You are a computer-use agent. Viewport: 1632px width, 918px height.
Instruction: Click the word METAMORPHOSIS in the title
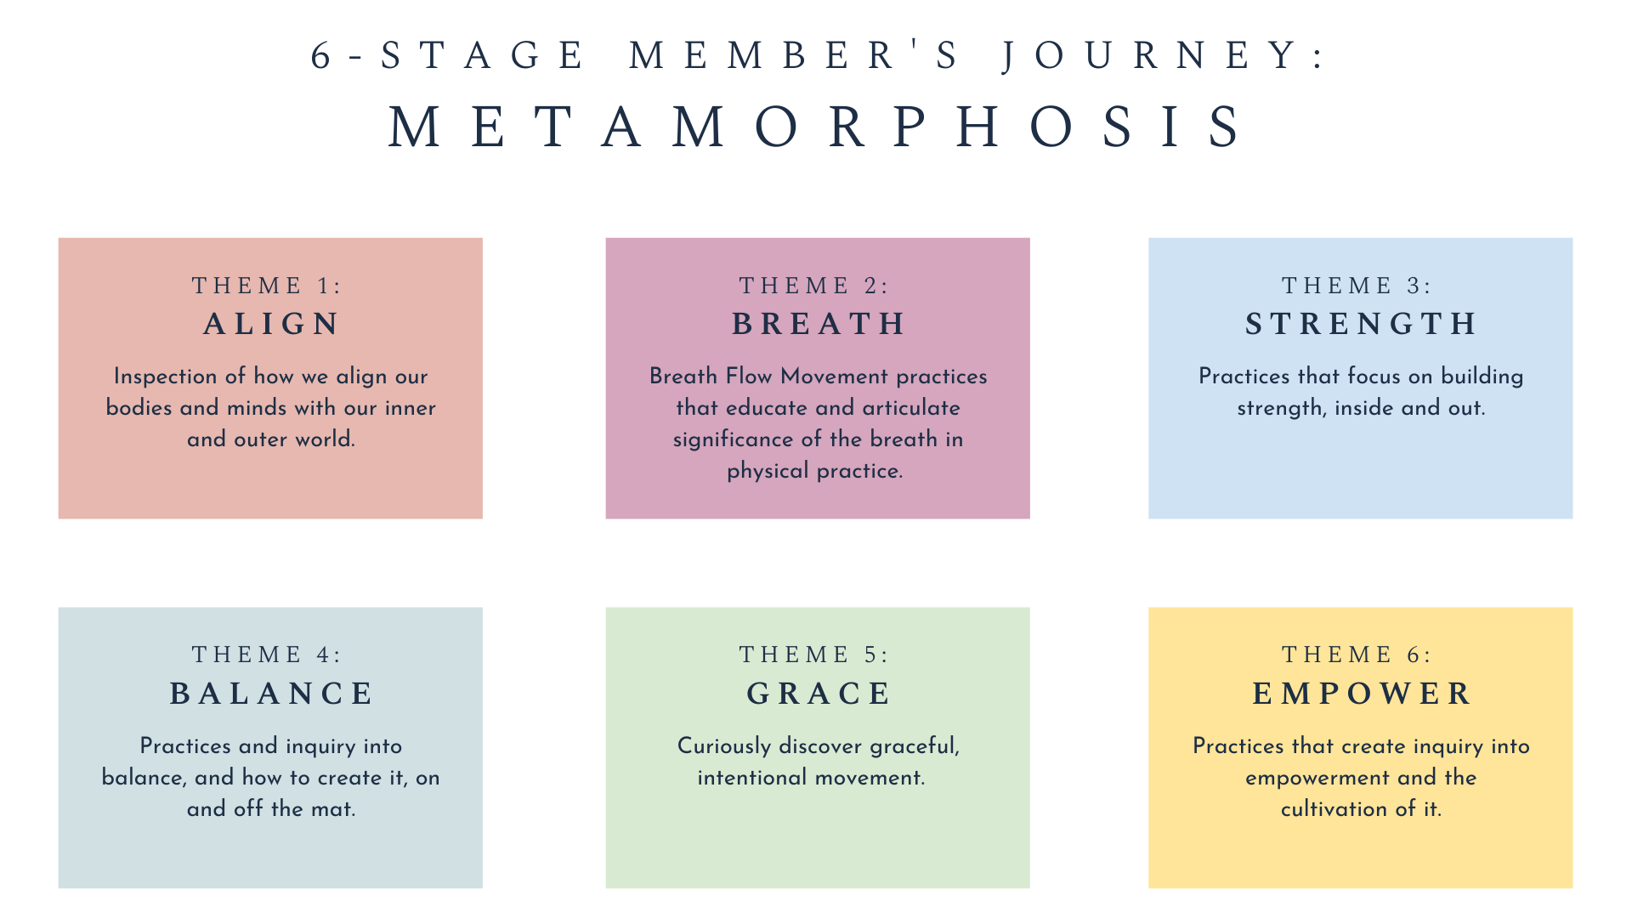816,127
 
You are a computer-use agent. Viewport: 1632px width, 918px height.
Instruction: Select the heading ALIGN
270,324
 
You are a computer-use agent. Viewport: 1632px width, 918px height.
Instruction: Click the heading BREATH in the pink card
818,324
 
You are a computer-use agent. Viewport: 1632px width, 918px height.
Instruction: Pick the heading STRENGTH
1360,324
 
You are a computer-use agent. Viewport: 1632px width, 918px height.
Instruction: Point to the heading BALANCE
270,694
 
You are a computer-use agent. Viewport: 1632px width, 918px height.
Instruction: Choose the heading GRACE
818,694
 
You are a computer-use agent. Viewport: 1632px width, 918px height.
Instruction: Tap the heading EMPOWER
1360,694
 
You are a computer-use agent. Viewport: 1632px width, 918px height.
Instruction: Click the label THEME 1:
266,286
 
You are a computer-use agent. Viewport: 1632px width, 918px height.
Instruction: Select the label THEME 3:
1357,286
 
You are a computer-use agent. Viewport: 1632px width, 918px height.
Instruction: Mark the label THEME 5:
813,654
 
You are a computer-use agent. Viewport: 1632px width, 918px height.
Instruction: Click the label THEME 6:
1357,654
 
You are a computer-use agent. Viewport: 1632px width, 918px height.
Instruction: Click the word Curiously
724,746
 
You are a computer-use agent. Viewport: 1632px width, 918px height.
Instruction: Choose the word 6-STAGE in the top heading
448,56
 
